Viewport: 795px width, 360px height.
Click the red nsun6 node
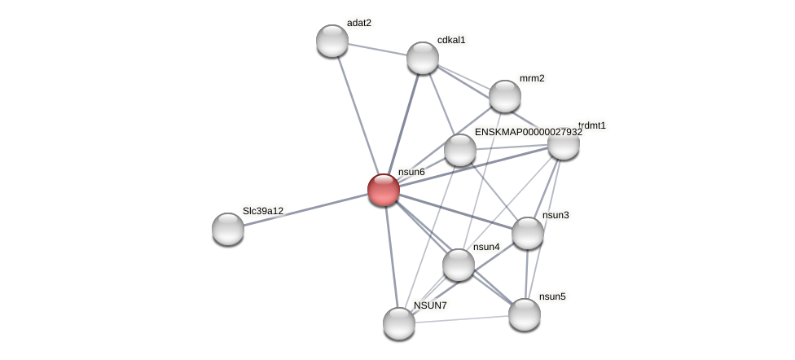tap(384, 190)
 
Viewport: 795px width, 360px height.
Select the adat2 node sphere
tap(332, 41)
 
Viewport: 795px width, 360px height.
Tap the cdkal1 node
tap(423, 58)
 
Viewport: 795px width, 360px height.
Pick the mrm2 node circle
tap(505, 96)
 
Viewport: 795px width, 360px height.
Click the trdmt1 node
tap(563, 143)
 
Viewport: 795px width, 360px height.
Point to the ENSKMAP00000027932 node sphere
tap(460, 150)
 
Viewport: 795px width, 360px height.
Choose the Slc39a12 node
tap(228, 229)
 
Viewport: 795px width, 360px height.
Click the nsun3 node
tap(528, 233)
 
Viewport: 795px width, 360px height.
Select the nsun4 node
tap(459, 265)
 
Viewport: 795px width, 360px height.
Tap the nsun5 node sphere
tap(525, 314)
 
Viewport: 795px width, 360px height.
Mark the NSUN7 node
tap(399, 323)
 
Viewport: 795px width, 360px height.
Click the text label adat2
tap(359, 23)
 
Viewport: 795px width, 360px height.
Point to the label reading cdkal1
tap(451, 40)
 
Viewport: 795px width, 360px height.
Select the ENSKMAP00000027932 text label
tap(529, 132)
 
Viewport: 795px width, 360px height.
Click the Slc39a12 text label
tap(263, 211)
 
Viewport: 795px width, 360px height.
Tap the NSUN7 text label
tap(430, 305)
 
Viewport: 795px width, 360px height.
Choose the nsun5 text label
tap(552, 296)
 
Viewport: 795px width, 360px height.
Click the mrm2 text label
tap(532, 78)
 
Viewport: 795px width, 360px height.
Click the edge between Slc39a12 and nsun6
tap(305, 209)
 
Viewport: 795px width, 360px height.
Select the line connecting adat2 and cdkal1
tap(377, 49)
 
